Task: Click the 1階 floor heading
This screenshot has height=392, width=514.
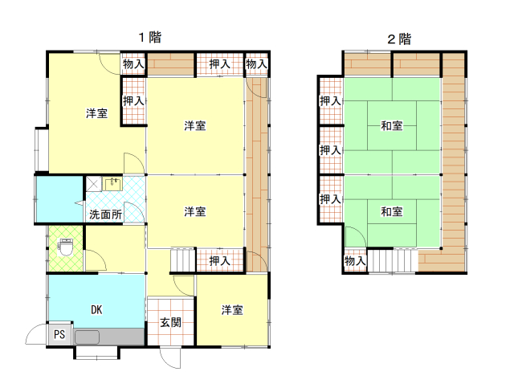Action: coord(150,37)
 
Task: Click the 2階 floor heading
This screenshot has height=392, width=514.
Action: coord(399,39)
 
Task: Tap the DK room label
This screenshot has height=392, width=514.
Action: coord(96,310)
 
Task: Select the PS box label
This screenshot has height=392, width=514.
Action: coord(59,334)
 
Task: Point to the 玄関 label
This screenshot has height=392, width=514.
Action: coord(170,322)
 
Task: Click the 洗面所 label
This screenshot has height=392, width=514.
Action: coord(105,214)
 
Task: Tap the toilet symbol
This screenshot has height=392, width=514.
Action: coord(65,247)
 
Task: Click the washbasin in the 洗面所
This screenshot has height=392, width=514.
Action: coord(112,183)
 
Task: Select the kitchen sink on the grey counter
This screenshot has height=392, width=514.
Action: coord(87,337)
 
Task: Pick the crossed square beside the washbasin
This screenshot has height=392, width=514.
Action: coord(93,183)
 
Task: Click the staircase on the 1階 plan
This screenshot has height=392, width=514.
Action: coord(183,260)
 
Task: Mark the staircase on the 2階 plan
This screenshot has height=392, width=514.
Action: coord(393,261)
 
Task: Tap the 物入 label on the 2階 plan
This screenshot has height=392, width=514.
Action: coord(355,261)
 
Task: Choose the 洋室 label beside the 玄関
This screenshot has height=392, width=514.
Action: coord(232,310)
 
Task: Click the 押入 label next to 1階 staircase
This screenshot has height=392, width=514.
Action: coord(219,261)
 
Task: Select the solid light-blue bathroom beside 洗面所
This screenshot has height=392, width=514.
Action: coord(59,199)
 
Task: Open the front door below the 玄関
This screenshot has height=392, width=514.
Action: coord(170,357)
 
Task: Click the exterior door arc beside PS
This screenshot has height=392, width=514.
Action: coord(35,334)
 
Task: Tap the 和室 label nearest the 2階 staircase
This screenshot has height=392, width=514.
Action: coord(392,212)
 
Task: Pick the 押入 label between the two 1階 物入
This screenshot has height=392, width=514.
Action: coord(219,64)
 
